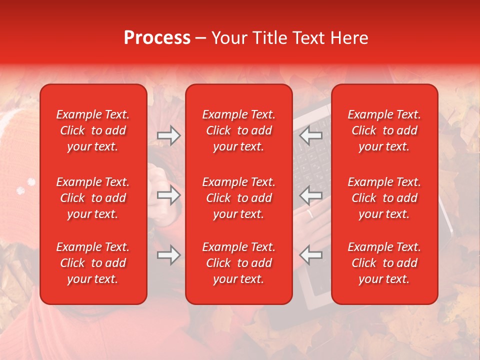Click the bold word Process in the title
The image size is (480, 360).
pyautogui.click(x=157, y=38)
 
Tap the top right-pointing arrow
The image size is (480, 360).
pyautogui.click(x=168, y=135)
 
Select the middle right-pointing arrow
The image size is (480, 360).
pyautogui.click(x=168, y=195)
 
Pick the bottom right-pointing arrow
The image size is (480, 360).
pyautogui.click(x=168, y=255)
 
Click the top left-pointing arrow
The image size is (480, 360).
pyautogui.click(x=311, y=135)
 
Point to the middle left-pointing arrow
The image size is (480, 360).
pyautogui.click(x=311, y=195)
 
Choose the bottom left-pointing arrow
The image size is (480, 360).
pyautogui.click(x=311, y=255)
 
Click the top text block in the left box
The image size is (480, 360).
pyautogui.click(x=93, y=130)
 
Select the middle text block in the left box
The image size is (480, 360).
pyautogui.click(x=93, y=198)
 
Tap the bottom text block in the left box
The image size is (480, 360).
pyautogui.click(x=93, y=263)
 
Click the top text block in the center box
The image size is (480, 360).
pyautogui.click(x=239, y=130)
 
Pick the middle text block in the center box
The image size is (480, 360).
pyautogui.click(x=239, y=198)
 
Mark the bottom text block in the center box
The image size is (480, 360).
pyautogui.click(x=239, y=263)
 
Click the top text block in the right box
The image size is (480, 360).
pyautogui.click(x=384, y=130)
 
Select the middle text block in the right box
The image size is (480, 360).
pyautogui.click(x=384, y=198)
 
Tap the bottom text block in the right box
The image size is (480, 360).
pyautogui.click(x=384, y=263)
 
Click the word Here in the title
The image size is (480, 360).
pyautogui.click(x=350, y=38)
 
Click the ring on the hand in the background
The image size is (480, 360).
pyautogui.click(x=310, y=214)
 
